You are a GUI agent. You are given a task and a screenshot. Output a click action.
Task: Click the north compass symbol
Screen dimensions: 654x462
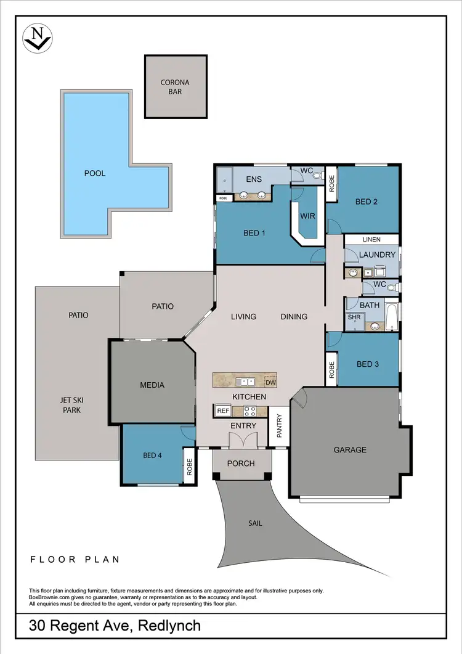pos(38,38)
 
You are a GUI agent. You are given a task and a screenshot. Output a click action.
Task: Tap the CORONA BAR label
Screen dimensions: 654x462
pos(176,87)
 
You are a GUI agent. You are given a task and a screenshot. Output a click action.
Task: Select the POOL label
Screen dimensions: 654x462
pos(95,173)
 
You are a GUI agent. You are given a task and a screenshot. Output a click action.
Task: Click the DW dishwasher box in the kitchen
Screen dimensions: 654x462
pos(270,382)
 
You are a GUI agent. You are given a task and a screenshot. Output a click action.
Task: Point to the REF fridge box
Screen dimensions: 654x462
pos(222,410)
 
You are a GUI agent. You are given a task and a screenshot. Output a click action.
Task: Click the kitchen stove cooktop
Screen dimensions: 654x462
pos(251,411)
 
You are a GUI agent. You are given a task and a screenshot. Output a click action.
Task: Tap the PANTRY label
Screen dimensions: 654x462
pos(278,426)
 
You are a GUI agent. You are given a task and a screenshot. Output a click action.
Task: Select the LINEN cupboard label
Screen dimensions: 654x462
pos(371,239)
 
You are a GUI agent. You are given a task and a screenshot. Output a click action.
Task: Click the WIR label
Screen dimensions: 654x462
pos(307,216)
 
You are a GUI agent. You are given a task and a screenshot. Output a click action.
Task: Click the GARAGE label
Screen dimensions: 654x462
pos(350,450)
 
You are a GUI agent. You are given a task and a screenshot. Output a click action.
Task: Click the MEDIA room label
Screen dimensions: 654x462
pos(152,385)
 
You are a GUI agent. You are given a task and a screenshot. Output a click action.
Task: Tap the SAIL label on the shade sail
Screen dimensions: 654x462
pos(255,523)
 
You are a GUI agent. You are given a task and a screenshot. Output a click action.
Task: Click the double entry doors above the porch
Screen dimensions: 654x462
pos(241,441)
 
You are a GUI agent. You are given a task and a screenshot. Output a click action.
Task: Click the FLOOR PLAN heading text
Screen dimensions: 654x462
pos(75,560)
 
